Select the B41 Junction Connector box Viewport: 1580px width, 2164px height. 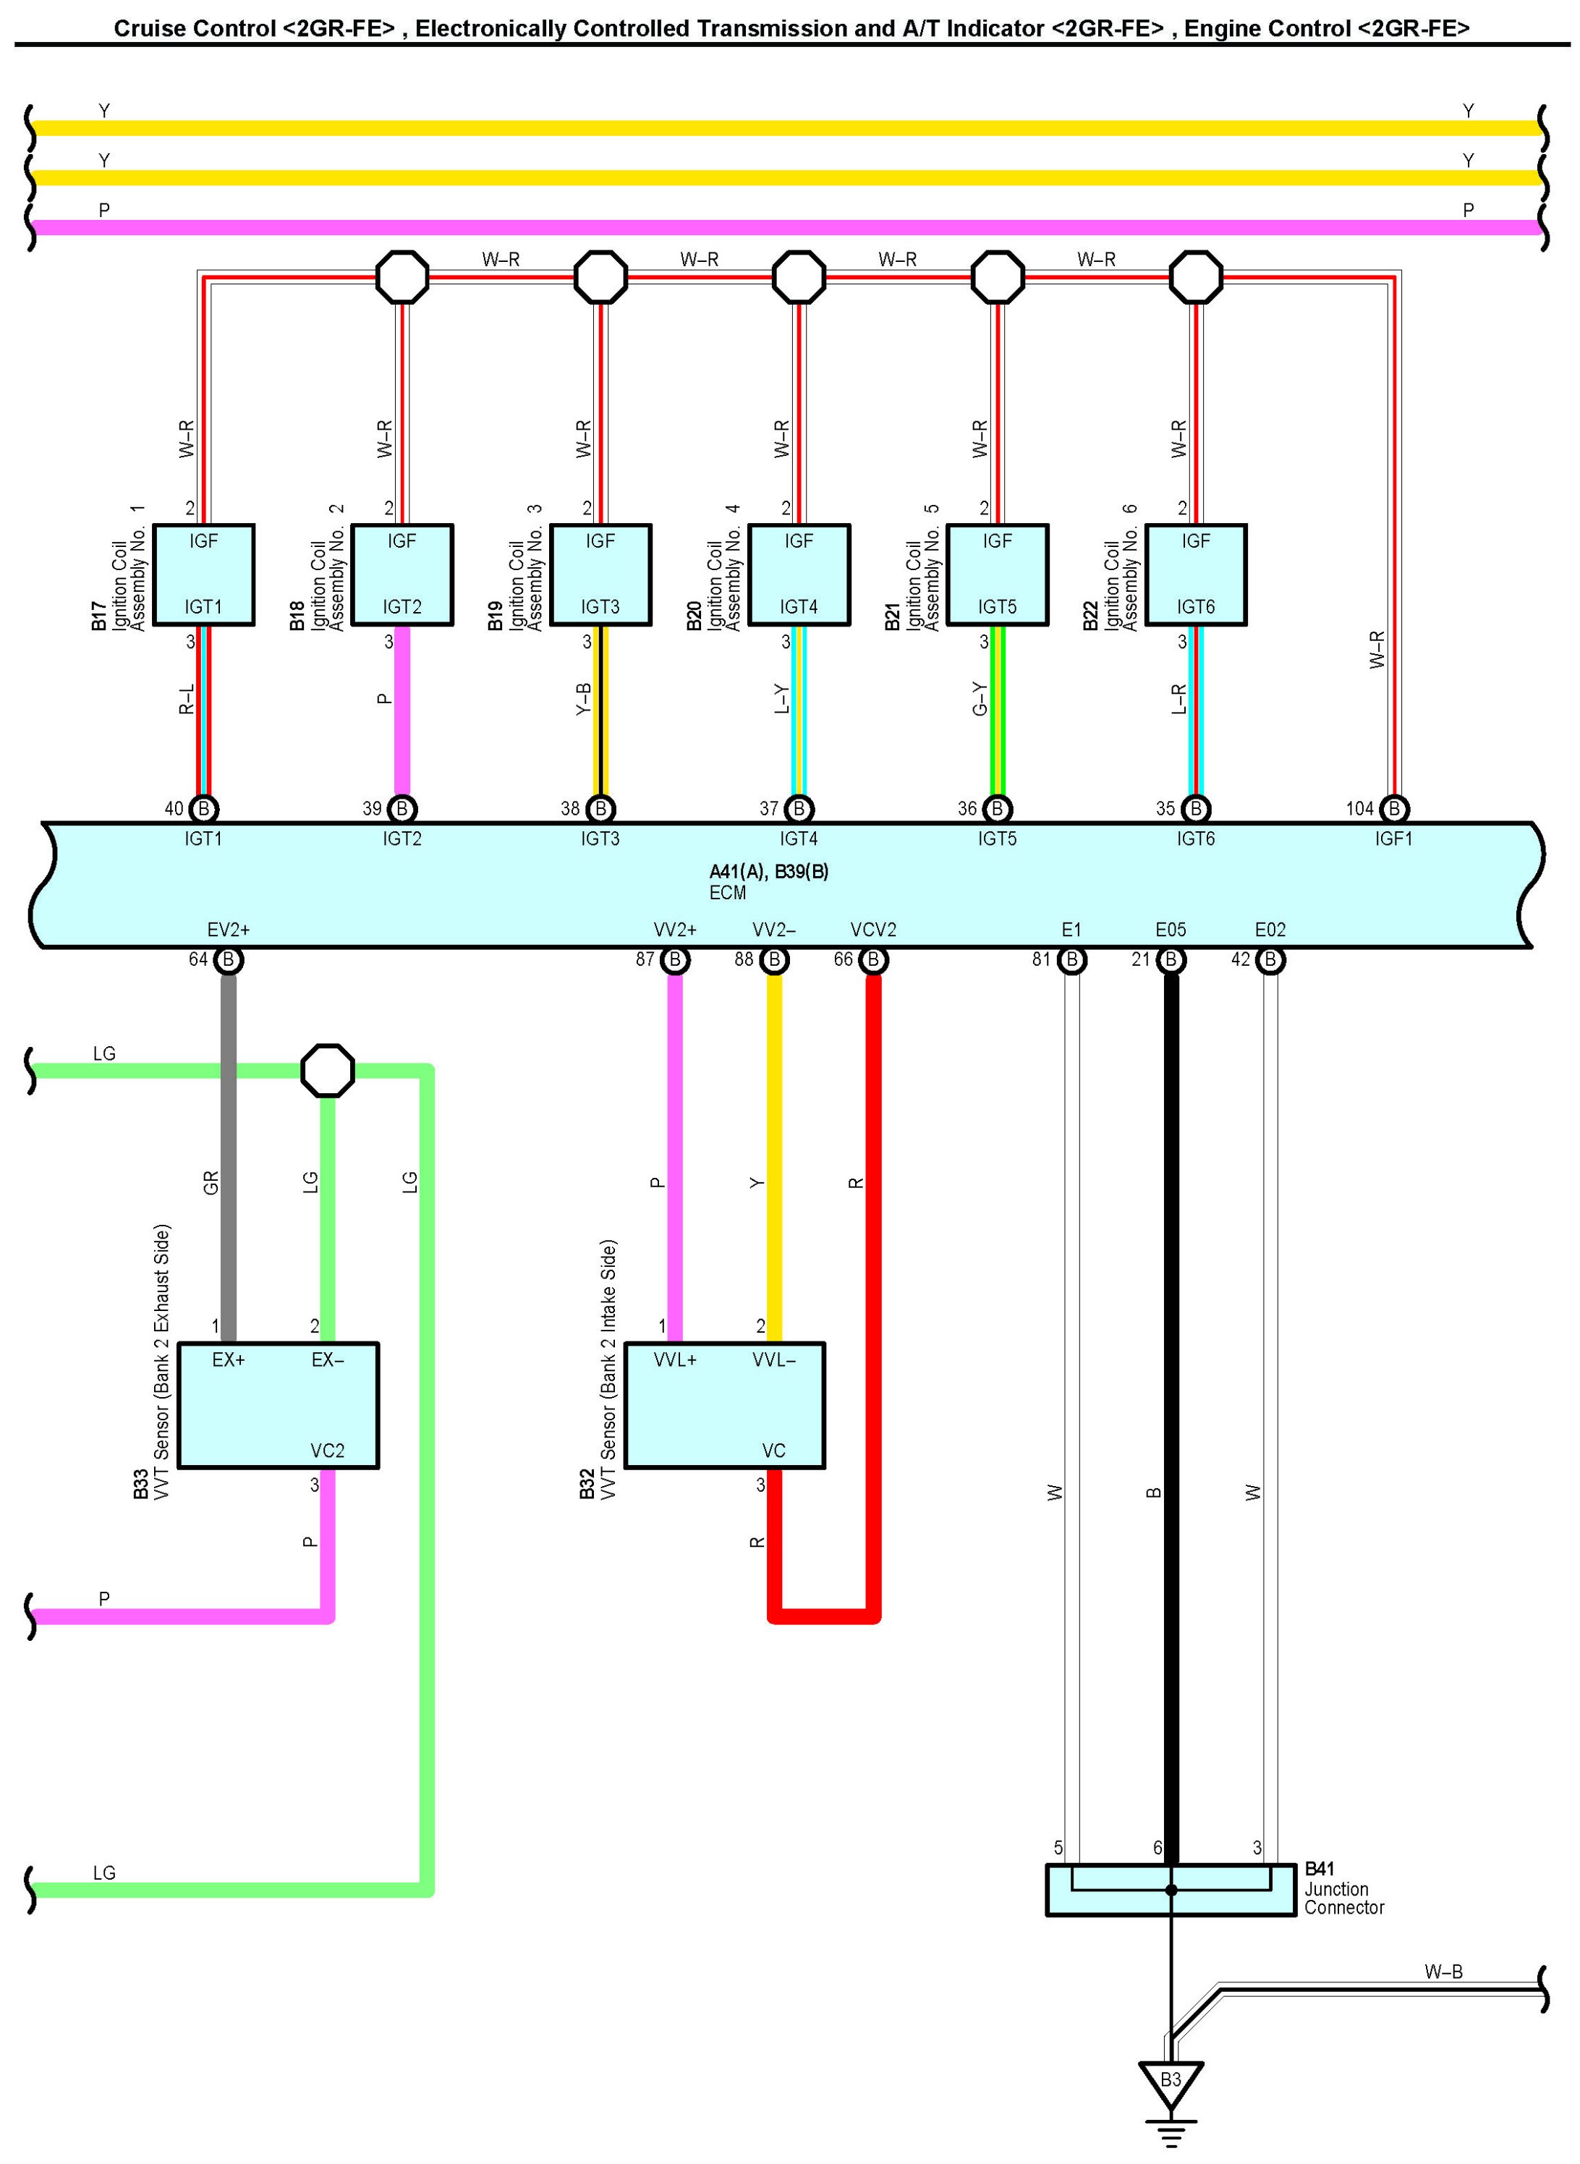coord(1171,1891)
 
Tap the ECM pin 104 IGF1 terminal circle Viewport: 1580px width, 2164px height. coord(1395,809)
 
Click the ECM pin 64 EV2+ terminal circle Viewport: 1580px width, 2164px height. coord(228,959)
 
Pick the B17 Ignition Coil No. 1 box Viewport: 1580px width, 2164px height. coord(204,574)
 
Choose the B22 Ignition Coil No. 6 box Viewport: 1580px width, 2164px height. coord(1196,574)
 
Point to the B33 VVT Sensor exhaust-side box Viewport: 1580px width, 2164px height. coord(279,1405)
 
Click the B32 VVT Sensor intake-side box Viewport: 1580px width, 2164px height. coord(724,1405)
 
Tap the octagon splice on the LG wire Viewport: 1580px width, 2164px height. coord(328,1071)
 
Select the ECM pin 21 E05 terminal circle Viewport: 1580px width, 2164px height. coord(1171,959)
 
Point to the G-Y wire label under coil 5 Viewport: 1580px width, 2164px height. coord(980,699)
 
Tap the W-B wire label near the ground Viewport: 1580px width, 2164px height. coord(1443,1972)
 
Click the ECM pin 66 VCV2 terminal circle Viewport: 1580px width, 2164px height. coord(873,959)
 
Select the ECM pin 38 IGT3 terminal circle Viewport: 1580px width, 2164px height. coord(600,809)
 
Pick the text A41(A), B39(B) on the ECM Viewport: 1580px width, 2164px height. coord(769,871)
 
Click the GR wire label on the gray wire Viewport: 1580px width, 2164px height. coord(211,1183)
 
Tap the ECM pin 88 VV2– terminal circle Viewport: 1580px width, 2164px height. coord(774,959)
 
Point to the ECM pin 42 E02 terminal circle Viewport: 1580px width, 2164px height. coord(1270,959)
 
